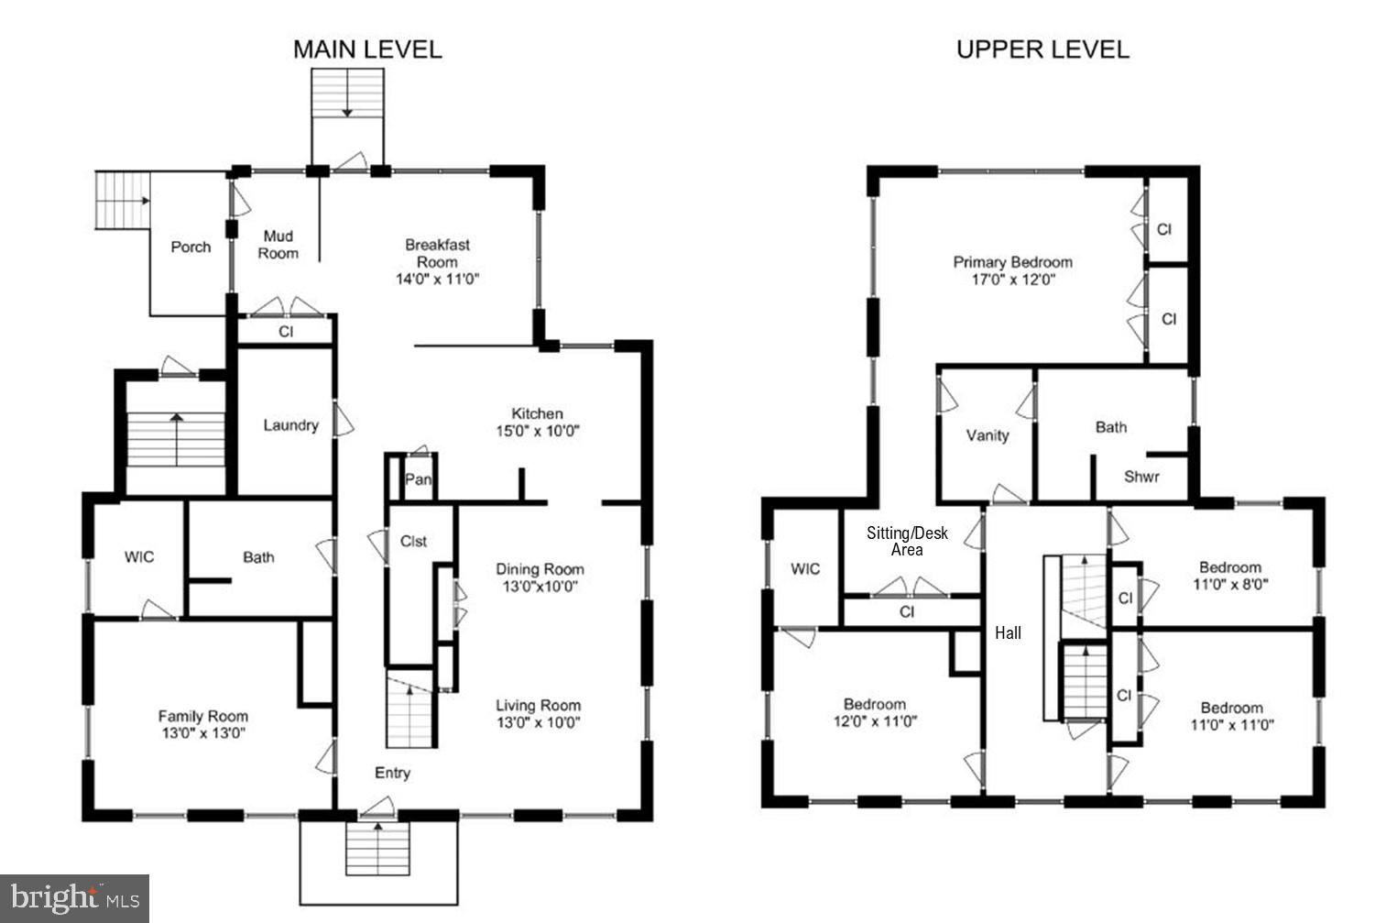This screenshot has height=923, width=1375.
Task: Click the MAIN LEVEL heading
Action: coord(367,49)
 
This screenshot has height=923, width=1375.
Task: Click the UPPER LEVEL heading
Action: coord(1042,49)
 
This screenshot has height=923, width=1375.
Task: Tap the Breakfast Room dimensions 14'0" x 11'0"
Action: coord(437,280)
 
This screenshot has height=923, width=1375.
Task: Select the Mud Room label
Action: coord(278,245)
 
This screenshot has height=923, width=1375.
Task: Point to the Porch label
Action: coord(191,247)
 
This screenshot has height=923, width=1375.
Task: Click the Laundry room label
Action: coord(291,425)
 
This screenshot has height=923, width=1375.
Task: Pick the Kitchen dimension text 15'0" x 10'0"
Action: coord(538,431)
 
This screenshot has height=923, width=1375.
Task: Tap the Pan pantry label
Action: coord(418,479)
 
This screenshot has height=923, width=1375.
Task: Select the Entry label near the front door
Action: coord(392,774)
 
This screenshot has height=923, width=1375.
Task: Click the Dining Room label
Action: coord(540,569)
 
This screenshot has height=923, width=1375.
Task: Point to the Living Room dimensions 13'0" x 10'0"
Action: coord(539,723)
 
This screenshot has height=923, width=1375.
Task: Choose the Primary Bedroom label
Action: coord(1013,262)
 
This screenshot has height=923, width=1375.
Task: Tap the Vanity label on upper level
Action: coord(988,435)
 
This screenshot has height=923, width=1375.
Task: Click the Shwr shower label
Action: coord(1141,477)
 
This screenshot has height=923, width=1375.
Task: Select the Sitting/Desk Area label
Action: coord(907,541)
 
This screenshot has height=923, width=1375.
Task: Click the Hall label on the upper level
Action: coord(1008,633)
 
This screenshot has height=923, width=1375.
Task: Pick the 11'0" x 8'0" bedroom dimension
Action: coord(1230,584)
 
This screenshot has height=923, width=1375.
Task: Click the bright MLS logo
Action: coord(75,898)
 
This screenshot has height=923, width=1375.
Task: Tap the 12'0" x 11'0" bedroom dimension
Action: coord(875,721)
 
